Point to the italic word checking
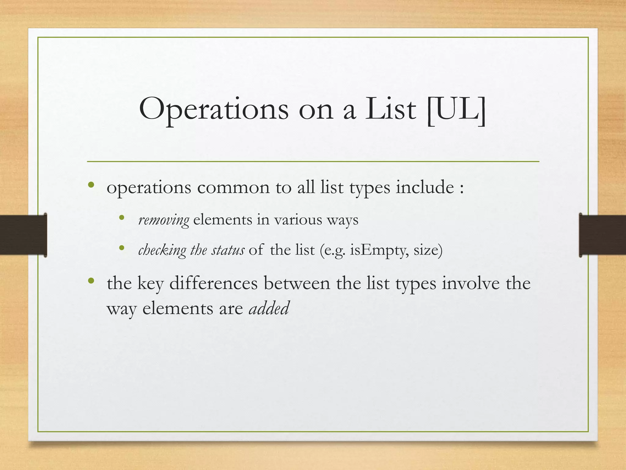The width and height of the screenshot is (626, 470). pyautogui.click(x=162, y=251)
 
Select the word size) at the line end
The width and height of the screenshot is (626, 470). pyautogui.click(x=428, y=251)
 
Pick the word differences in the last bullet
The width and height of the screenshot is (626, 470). pyautogui.click(x=213, y=283)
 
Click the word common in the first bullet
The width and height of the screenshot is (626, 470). pyautogui.click(x=233, y=187)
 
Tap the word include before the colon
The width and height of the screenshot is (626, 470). pyautogui.click(x=425, y=187)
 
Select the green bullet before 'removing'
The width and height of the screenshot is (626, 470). pyautogui.click(x=122, y=218)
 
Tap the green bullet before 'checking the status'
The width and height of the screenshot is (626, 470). pyautogui.click(x=122, y=248)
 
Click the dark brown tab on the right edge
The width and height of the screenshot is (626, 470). pyautogui.click(x=602, y=235)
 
